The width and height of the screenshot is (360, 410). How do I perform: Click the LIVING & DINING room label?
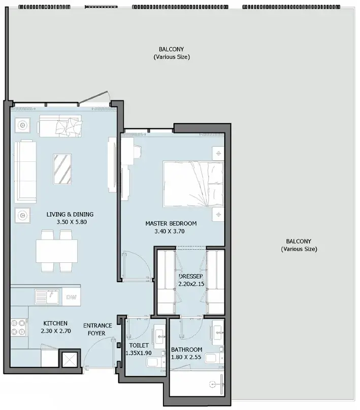[70, 215]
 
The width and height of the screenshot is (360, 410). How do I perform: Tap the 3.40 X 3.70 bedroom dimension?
[169, 231]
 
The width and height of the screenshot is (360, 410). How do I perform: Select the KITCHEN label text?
[55, 323]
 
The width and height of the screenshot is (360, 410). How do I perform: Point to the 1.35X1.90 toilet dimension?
[139, 353]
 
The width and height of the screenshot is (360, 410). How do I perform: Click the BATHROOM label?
[186, 350]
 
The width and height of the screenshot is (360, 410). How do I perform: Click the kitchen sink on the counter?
[47, 296]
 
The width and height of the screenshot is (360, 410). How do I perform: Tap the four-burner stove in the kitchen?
[19, 328]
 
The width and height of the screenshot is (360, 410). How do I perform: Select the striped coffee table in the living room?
[62, 169]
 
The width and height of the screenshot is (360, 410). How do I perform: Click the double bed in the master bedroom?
[193, 184]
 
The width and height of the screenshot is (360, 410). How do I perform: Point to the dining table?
[57, 251]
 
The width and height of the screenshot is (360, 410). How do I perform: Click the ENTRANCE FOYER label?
[97, 329]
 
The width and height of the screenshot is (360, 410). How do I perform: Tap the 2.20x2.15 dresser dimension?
[191, 284]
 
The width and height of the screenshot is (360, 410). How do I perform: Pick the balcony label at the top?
[172, 53]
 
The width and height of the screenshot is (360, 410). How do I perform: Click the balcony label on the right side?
[299, 245]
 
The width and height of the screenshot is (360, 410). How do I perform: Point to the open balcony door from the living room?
[93, 98]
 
